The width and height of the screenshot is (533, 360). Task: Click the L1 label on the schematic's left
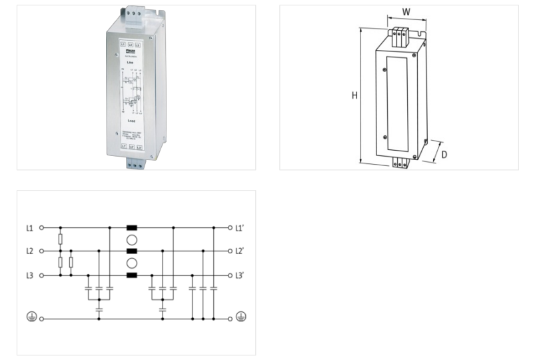(29, 227)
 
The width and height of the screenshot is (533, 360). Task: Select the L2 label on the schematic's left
(29, 251)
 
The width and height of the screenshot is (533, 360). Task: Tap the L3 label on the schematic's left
(29, 275)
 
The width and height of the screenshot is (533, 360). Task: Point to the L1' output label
(240, 227)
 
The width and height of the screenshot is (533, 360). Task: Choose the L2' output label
(240, 251)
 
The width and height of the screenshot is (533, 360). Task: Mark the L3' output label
(240, 275)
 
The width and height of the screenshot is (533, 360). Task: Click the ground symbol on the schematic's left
(30, 317)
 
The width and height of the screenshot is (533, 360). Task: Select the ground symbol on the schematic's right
(241, 317)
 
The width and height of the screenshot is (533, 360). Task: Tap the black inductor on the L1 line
(132, 227)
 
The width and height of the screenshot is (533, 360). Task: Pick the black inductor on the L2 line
(132, 251)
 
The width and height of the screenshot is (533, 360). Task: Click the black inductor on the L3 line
(132, 275)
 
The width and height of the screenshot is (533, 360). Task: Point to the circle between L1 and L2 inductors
(132, 239)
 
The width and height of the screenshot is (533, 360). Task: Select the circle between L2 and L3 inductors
(132, 263)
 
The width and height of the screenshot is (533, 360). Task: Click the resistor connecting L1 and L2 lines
(61, 239)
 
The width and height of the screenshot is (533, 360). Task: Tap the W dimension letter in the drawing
(406, 12)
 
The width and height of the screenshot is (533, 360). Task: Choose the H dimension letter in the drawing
(354, 95)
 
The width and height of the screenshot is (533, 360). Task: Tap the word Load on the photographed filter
(132, 121)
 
